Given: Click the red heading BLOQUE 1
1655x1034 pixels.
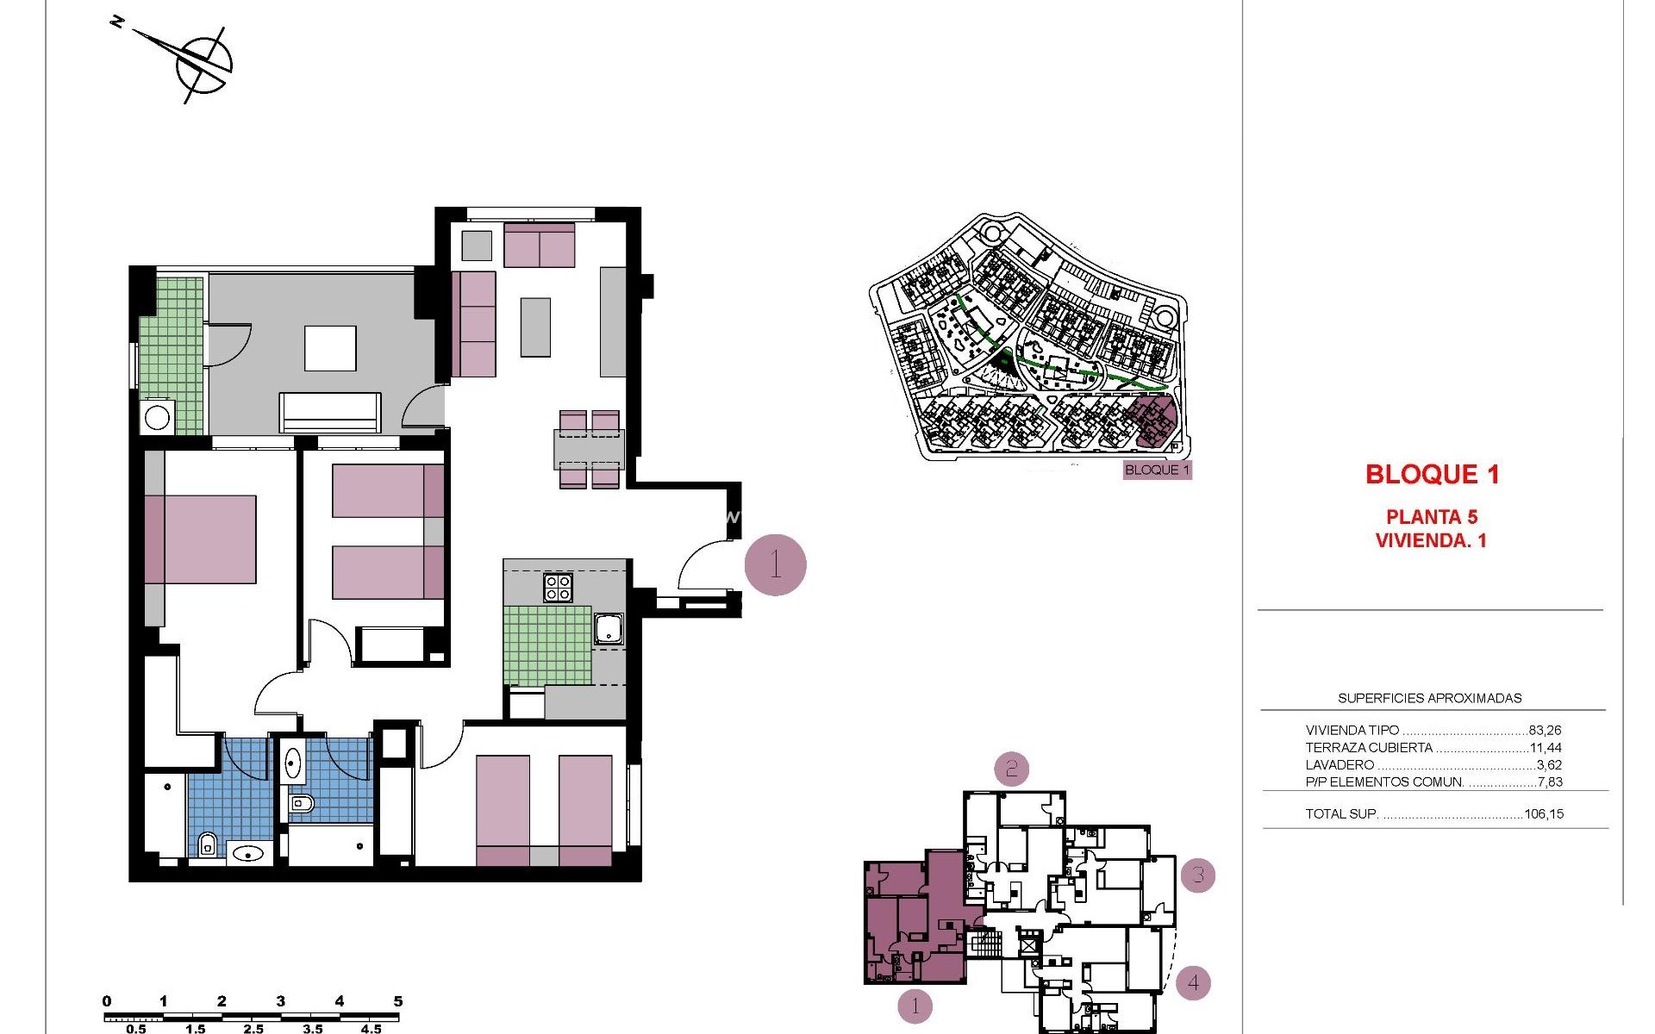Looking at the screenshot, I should (x=1432, y=474).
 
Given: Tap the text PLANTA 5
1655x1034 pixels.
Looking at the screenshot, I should (x=1431, y=517).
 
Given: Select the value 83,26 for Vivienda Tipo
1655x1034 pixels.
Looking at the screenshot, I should (x=1545, y=730).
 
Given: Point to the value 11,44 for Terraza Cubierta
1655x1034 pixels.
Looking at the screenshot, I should (x=1546, y=748).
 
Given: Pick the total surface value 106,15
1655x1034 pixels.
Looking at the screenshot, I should (x=1543, y=813).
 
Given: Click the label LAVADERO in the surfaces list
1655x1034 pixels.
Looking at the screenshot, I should (x=1340, y=765).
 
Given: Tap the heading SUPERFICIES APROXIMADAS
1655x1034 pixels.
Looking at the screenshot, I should (x=1429, y=698).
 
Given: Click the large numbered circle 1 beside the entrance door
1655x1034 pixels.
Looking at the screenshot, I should (x=775, y=565).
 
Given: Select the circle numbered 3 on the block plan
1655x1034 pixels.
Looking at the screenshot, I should (x=1197, y=875).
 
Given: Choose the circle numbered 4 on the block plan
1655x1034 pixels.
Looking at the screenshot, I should (x=1193, y=982).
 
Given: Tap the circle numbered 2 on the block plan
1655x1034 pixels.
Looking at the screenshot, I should (x=1012, y=768).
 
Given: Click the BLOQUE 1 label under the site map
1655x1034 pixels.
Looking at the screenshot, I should (x=1157, y=470).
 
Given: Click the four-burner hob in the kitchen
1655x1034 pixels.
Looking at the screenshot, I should (x=558, y=588).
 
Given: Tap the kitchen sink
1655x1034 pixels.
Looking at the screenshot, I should (x=609, y=628).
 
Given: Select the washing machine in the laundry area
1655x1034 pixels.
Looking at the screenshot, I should (x=157, y=418).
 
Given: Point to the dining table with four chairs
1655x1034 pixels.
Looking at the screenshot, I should (x=589, y=449).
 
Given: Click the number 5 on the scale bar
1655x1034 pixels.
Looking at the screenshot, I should (x=398, y=1001).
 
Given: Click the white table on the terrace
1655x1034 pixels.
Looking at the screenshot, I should (x=330, y=348).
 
